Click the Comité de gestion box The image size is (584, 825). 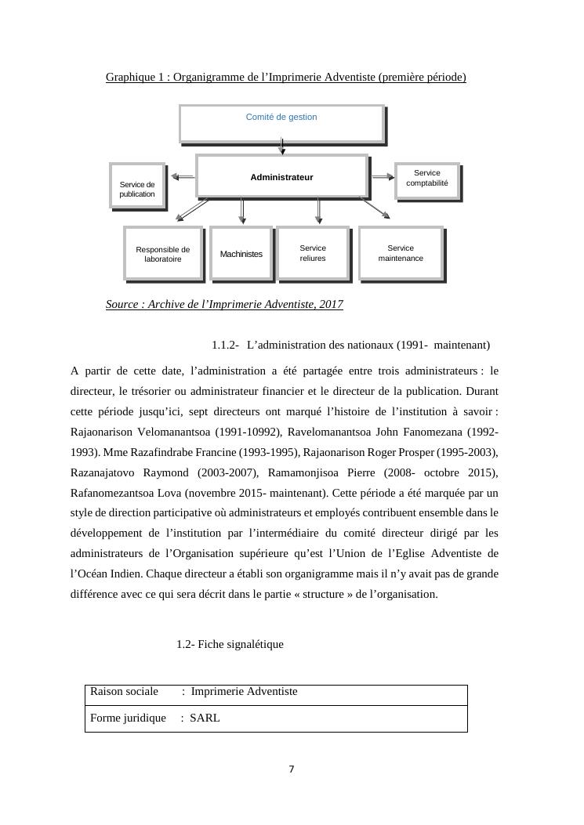(281, 124)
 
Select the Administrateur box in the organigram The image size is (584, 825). (281, 176)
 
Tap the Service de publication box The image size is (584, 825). (137, 186)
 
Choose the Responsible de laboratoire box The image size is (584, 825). (163, 253)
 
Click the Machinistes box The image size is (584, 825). (241, 253)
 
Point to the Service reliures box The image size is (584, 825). (313, 253)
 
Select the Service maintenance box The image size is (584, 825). (401, 253)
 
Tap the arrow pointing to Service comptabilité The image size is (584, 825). (383, 177)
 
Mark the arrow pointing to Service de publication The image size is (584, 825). (183, 177)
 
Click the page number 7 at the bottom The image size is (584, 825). (292, 769)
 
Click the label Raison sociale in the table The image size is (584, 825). (124, 691)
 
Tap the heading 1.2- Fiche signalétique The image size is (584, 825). (230, 644)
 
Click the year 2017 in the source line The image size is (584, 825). (330, 304)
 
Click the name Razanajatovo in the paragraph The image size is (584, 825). (105, 473)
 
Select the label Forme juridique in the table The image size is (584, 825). (128, 718)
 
